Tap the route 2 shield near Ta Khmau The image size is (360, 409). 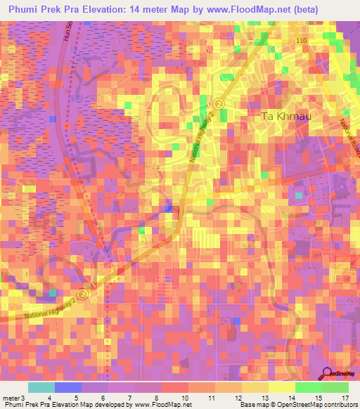tap(219, 103)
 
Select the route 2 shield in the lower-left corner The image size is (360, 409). tap(83, 294)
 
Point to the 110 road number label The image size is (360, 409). tap(302, 41)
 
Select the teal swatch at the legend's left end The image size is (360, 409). tap(41, 387)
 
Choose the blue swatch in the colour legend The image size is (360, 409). tap(67, 387)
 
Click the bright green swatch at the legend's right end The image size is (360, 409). tap(335, 387)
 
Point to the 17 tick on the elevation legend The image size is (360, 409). tap(345, 398)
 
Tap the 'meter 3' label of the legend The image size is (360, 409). tap(13, 398)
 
